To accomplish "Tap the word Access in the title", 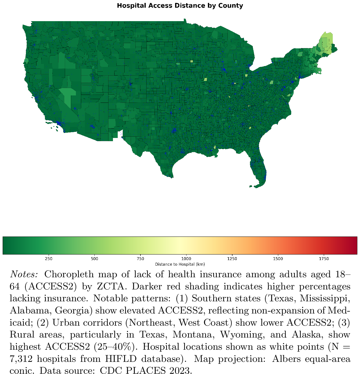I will [x=156, y=6].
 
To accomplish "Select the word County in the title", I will [x=230, y=6].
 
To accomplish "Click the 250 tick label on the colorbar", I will [x=49, y=259].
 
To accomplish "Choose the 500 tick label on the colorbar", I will [x=94, y=259].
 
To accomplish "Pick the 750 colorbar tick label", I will [x=140, y=259].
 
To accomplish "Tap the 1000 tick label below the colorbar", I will [x=186, y=259].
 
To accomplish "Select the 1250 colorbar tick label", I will [x=232, y=259].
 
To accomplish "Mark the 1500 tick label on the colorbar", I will [x=278, y=259].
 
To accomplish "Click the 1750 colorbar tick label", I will [x=324, y=259].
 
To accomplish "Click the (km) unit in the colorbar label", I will [x=200, y=264].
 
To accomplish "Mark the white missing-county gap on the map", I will [x=120, y=134].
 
